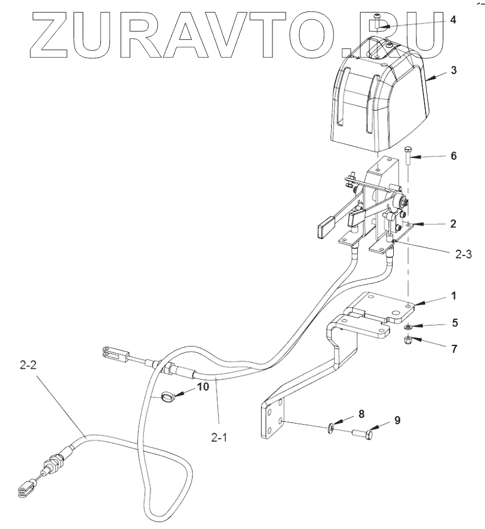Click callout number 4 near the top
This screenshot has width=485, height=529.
(453, 20)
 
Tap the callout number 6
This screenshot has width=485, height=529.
(453, 156)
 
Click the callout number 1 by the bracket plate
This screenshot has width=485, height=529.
(453, 296)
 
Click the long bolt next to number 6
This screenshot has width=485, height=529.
(408, 157)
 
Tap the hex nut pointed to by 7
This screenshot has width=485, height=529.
(408, 341)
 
